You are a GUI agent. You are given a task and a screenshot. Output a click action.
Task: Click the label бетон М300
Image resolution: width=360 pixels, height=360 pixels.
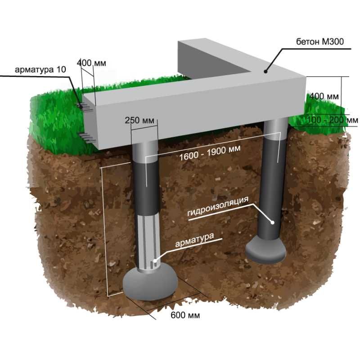320,41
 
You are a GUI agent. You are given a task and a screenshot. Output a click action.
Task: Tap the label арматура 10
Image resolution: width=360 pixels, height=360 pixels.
40,70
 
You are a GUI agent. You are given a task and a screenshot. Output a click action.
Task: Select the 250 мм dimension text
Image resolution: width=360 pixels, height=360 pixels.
139,120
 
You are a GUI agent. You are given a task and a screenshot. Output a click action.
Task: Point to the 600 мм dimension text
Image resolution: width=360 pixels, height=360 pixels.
185,315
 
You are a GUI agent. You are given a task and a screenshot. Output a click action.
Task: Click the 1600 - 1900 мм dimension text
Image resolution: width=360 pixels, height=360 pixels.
210,153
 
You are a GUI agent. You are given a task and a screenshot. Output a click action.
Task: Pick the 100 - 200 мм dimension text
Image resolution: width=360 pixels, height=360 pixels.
333,120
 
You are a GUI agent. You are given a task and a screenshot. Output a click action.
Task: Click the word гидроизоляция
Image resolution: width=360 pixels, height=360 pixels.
218,206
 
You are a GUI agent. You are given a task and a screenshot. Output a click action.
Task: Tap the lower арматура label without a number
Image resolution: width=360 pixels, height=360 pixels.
194,240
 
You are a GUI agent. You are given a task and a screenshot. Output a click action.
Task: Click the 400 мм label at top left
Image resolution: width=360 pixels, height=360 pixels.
91,63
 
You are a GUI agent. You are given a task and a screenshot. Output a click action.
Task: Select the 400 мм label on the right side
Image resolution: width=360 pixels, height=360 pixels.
324,96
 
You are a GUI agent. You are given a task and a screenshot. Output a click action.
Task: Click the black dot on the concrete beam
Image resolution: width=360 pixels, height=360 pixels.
265,72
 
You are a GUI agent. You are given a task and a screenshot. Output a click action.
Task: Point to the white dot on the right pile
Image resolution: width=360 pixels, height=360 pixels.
273,222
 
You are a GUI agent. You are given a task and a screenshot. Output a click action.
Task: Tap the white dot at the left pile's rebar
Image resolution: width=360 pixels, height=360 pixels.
155,261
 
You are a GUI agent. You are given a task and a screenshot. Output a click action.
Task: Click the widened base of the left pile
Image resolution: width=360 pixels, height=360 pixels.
150,284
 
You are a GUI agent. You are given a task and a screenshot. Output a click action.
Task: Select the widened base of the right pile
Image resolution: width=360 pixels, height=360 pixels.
266,250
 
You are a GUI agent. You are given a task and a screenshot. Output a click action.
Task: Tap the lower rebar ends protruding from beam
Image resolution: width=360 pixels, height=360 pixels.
88,138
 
